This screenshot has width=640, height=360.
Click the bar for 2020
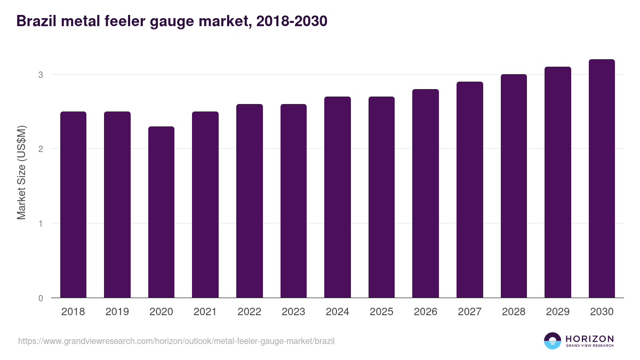[x=161, y=212]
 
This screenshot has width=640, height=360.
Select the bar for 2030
[x=602, y=179]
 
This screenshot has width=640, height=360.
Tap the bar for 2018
[x=73, y=205]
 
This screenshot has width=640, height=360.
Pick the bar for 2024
[x=338, y=197]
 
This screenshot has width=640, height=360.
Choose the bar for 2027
[x=470, y=190]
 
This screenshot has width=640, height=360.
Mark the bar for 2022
[x=250, y=201]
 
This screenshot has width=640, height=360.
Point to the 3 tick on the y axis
[x=40, y=75]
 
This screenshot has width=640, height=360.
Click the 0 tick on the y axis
[x=40, y=298]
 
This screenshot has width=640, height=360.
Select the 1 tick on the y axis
[x=40, y=223]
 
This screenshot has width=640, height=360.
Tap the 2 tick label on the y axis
[x=40, y=149]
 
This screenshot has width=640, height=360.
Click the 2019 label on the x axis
[x=117, y=312]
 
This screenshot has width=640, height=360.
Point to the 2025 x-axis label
[x=381, y=312]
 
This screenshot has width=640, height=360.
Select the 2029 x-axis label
[x=557, y=312]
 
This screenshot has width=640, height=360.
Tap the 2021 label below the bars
[x=205, y=312]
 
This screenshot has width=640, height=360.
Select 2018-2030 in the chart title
[x=291, y=21]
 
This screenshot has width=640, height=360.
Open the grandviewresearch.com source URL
[x=177, y=341]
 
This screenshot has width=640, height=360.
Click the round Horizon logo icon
[x=553, y=341]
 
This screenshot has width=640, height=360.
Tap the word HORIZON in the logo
[x=589, y=338]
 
